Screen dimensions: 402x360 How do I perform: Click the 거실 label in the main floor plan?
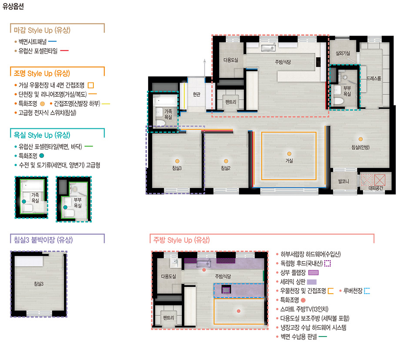(289, 160)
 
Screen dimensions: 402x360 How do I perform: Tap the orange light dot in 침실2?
(226, 161)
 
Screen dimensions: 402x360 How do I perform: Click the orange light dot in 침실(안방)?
(360, 139)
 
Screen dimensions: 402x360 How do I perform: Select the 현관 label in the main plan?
(196, 94)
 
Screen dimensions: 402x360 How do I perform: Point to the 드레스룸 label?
(373, 79)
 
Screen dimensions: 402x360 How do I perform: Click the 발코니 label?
(343, 181)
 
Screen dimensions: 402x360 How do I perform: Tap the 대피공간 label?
(376, 188)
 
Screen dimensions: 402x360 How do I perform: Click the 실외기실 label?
(343, 53)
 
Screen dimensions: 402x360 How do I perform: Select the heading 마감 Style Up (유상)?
(42, 30)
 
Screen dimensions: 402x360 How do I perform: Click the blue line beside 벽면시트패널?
(52, 41)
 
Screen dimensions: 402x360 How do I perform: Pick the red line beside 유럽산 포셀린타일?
(64, 50)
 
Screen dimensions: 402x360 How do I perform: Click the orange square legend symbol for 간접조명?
(91, 85)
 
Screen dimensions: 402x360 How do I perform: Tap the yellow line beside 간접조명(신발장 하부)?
(106, 104)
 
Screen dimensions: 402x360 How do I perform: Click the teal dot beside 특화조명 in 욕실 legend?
(42, 156)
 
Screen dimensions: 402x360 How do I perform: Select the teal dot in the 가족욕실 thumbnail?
(24, 201)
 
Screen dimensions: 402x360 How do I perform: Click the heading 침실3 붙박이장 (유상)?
(43, 240)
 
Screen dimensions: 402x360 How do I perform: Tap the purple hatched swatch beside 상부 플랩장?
(313, 273)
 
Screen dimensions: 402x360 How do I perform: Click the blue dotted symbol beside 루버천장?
(367, 291)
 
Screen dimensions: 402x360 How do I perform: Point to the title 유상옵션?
(13, 6)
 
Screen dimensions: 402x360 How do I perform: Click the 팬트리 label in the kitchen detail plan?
(168, 318)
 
